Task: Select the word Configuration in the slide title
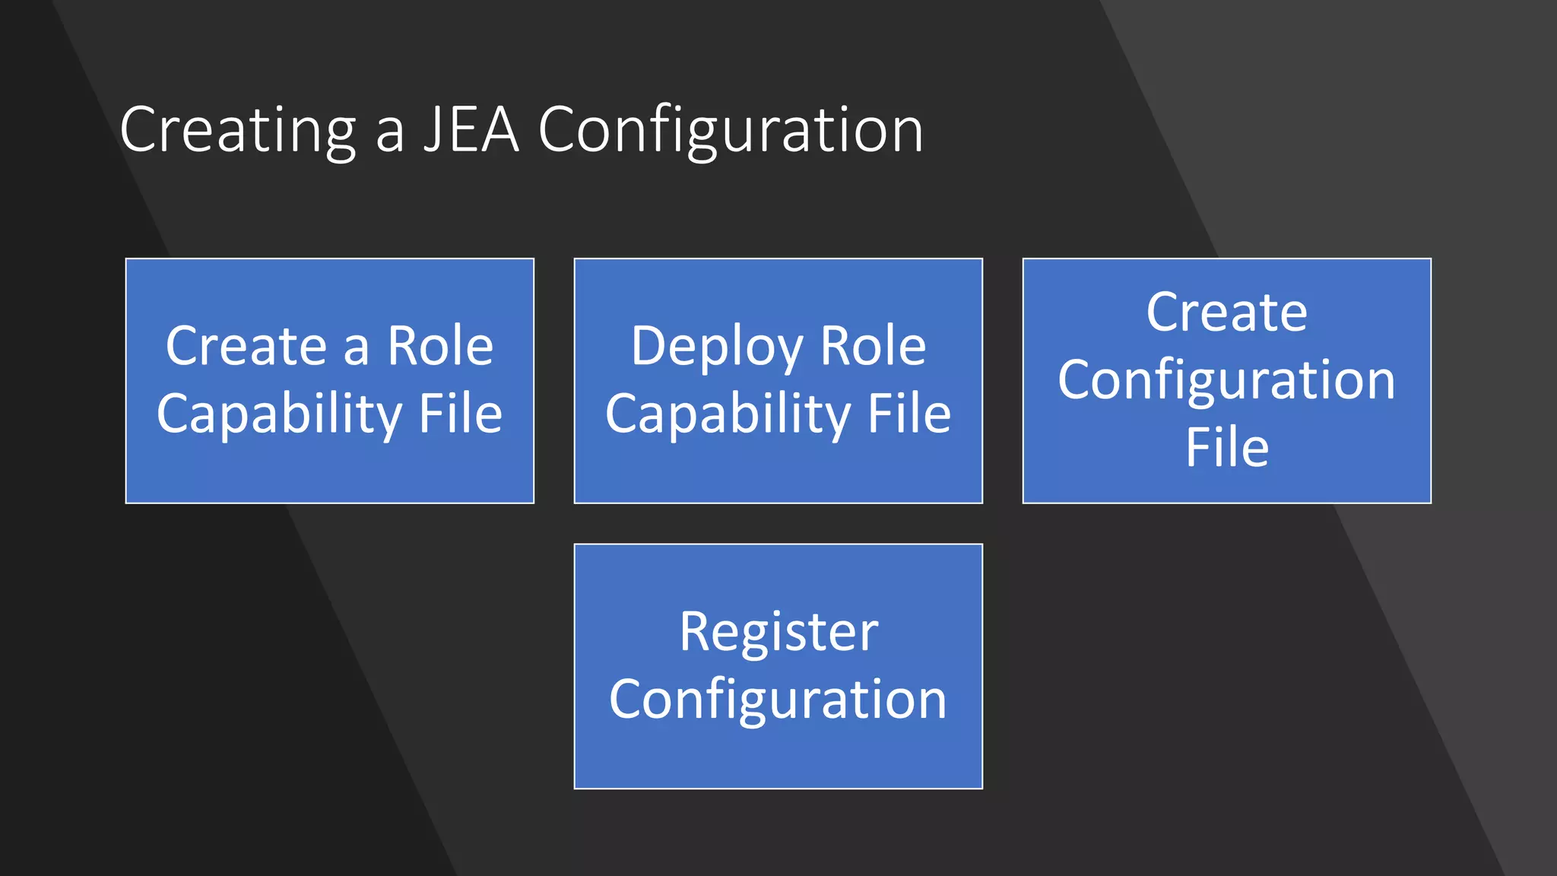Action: pyautogui.click(x=731, y=131)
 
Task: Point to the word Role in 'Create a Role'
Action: pyautogui.click(x=440, y=346)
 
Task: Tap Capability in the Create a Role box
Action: pyautogui.click(x=279, y=414)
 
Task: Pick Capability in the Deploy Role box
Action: pyautogui.click(x=728, y=414)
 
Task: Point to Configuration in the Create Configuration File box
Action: pyautogui.click(x=1226, y=380)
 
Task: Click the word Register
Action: pyautogui.click(x=778, y=633)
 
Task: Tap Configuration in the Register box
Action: pyautogui.click(x=778, y=700)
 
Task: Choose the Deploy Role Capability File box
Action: pyautogui.click(x=778, y=471)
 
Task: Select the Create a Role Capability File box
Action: pyautogui.click(x=329, y=471)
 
